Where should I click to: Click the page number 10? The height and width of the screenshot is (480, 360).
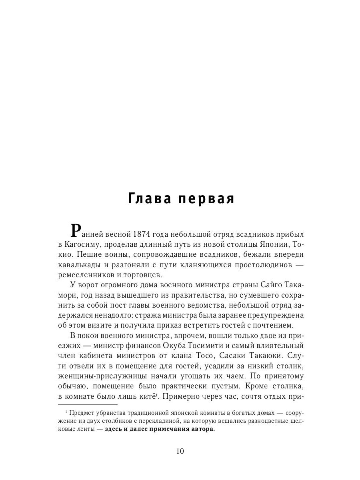tap(180, 452)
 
